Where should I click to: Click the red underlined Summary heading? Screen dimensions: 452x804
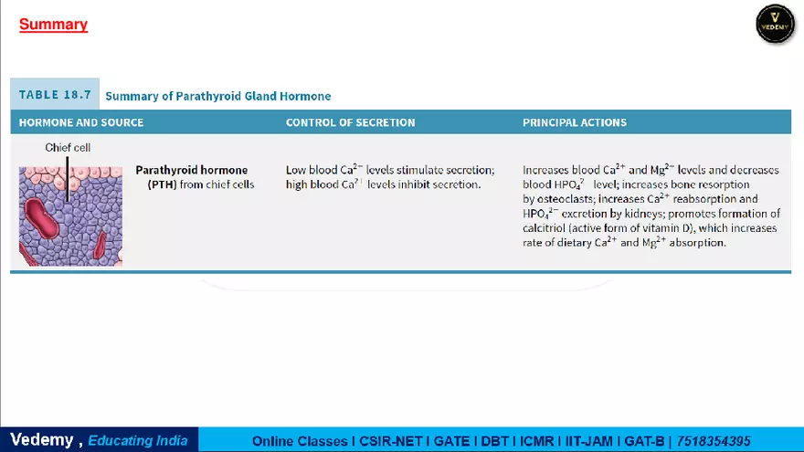(53, 25)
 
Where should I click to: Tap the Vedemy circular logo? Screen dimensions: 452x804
(775, 23)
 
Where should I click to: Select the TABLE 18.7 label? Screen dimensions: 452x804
(55, 95)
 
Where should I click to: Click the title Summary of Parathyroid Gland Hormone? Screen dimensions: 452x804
(217, 96)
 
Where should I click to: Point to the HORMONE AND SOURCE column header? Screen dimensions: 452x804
(81, 122)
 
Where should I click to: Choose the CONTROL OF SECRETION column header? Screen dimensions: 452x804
(350, 122)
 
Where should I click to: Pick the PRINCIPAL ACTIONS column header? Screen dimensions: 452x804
(575, 122)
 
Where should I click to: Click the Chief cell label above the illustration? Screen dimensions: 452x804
(68, 147)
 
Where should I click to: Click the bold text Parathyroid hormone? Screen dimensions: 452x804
(191, 170)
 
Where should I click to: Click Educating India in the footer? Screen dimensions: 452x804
(138, 440)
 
